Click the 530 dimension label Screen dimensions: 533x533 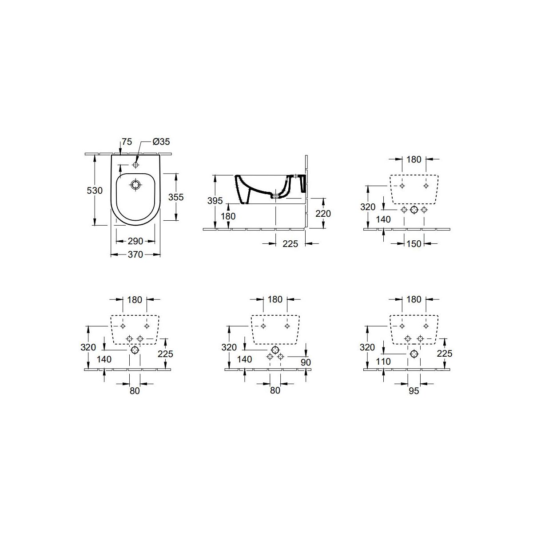95,191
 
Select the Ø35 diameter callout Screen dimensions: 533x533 161,142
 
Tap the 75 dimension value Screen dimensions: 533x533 127,142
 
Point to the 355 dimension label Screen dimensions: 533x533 176,197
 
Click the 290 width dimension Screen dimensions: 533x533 135,241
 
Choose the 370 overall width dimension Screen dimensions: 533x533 135,255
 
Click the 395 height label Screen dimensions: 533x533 215,201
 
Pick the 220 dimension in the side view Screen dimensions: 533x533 323,214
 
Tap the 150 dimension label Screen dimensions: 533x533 414,244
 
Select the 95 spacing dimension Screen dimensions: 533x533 414,391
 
